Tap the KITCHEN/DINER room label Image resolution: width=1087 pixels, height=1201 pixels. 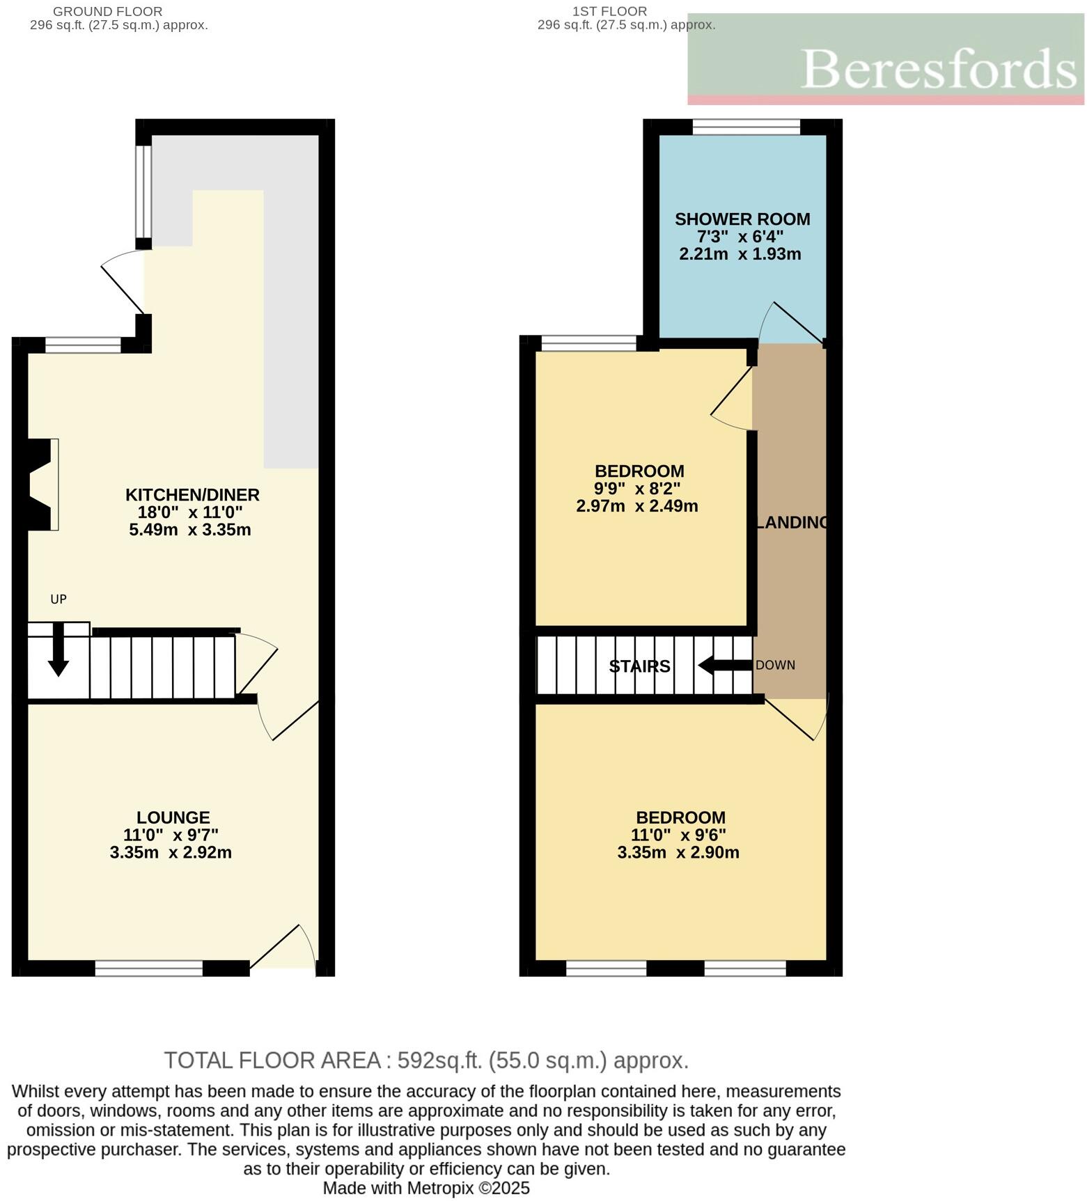click(x=192, y=495)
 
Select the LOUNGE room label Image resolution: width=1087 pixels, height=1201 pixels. click(x=173, y=817)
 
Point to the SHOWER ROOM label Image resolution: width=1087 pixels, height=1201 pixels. click(x=742, y=219)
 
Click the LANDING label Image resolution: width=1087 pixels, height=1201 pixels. click(x=793, y=522)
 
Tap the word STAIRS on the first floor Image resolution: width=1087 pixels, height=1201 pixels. click(x=639, y=666)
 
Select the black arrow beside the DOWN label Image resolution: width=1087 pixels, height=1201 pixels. click(x=725, y=665)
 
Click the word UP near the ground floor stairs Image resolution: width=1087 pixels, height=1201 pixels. click(x=58, y=599)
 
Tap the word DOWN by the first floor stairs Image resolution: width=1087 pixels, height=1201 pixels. click(x=775, y=665)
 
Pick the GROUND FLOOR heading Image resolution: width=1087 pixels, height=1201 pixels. click(x=108, y=12)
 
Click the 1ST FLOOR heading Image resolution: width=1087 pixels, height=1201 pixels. click(x=609, y=12)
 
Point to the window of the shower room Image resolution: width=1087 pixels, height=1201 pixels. click(x=746, y=127)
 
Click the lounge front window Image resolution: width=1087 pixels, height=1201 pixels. click(x=148, y=968)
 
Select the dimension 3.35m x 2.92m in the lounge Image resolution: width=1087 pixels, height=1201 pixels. click(x=171, y=852)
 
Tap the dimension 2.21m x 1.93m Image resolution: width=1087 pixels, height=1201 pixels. click(x=740, y=254)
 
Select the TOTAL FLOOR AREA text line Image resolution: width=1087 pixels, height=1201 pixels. click(x=426, y=1060)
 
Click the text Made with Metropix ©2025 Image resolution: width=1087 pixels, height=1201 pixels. click(x=426, y=1188)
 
